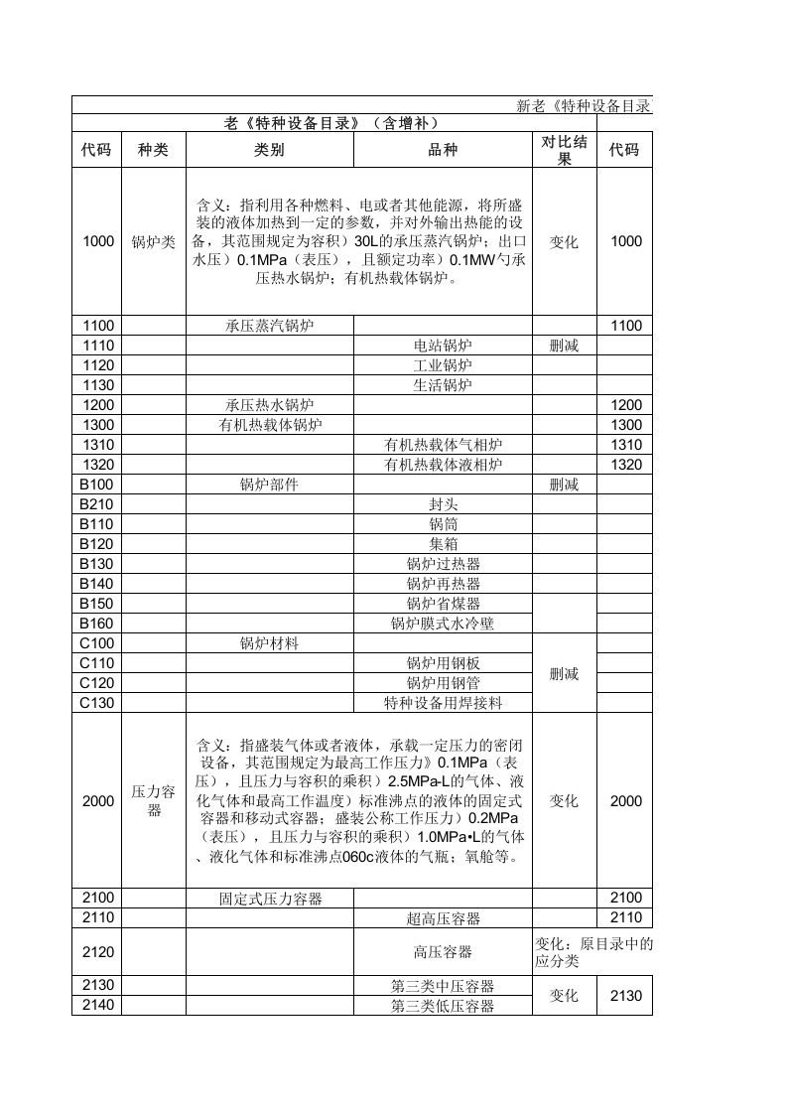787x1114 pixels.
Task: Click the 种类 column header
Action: coord(154,150)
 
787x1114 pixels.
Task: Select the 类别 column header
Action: coord(269,150)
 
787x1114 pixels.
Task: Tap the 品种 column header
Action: coord(443,150)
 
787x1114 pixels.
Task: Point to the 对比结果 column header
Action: coord(564,150)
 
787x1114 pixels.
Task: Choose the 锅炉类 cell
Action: coord(154,241)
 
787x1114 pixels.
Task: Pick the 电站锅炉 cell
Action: coord(443,346)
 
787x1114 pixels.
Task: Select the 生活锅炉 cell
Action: coord(443,385)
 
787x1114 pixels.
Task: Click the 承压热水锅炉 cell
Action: coord(270,405)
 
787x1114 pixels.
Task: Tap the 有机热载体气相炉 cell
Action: coord(443,445)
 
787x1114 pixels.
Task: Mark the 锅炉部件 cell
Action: coord(269,485)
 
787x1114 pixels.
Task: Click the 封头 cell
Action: coord(443,504)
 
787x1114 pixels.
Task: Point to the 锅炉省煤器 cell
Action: coord(443,604)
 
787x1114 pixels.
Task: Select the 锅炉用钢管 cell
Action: coord(443,683)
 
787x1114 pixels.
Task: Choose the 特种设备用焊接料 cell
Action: coord(443,703)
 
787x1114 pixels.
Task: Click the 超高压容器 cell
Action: coord(443,918)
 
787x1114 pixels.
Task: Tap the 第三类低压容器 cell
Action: coord(443,1006)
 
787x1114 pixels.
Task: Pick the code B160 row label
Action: coord(98,624)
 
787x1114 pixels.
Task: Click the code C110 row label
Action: coord(98,663)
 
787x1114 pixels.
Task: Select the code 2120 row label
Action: coord(98,952)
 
